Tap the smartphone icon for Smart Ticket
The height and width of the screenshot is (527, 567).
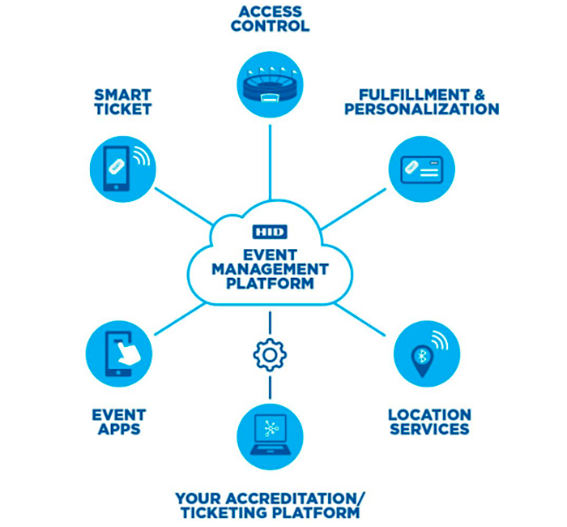click(x=121, y=166)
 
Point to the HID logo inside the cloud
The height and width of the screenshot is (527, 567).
click(x=270, y=232)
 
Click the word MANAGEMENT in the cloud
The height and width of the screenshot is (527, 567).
click(x=270, y=269)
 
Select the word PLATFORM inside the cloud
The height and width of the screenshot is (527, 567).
click(x=270, y=285)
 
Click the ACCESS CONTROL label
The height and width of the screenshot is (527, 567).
click(x=270, y=18)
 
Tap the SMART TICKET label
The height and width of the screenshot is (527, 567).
click(x=122, y=101)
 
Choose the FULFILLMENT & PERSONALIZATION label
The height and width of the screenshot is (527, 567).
click(x=421, y=101)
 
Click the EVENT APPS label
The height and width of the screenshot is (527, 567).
click(x=119, y=422)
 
